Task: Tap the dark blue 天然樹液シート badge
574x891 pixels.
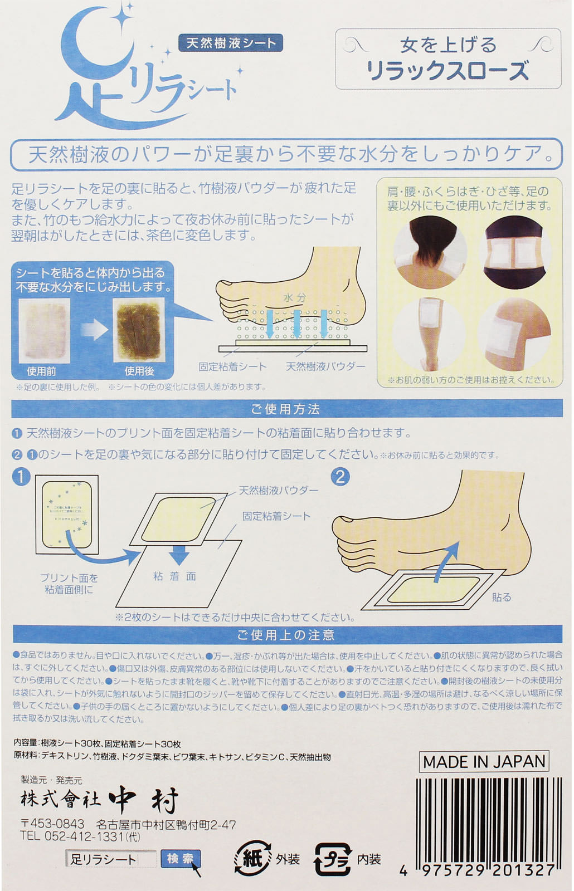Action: point(231,43)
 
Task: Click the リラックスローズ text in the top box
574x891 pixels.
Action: point(447,71)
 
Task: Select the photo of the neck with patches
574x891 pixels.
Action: point(430,252)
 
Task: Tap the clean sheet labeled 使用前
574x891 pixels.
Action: point(44,330)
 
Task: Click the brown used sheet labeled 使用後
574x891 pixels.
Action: point(139,330)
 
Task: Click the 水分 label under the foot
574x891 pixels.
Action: point(295,297)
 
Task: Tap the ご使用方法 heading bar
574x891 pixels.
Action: point(286,409)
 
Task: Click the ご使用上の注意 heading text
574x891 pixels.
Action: point(286,635)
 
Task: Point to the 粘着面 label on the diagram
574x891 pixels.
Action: point(175,576)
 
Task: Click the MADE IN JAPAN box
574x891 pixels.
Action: point(484,762)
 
